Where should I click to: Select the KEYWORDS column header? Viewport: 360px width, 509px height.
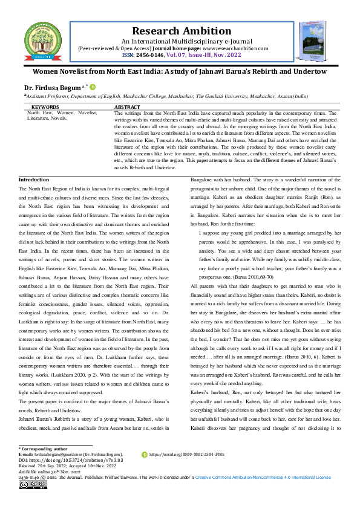(45, 106)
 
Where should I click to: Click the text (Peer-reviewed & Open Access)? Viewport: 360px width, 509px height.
(118, 48)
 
